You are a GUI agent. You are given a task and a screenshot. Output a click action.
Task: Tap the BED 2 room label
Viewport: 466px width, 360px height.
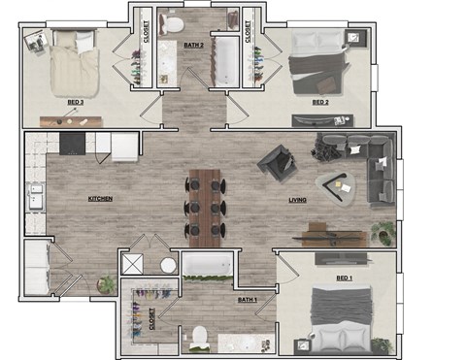[x=320, y=101]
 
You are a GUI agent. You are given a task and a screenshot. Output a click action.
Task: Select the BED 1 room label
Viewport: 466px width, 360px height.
[x=344, y=278]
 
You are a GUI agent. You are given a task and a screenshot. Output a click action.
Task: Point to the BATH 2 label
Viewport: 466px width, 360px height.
[x=194, y=45]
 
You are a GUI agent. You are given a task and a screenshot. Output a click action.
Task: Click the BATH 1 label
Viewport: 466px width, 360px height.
[x=248, y=300]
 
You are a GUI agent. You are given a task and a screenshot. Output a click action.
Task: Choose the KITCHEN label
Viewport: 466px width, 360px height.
[x=100, y=199]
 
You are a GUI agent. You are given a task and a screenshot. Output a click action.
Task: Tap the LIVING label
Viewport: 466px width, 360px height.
[x=298, y=201]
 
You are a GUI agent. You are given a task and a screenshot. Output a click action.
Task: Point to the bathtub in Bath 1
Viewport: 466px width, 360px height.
[x=207, y=265]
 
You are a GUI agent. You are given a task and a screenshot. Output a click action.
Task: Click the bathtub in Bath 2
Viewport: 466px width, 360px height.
[x=225, y=60]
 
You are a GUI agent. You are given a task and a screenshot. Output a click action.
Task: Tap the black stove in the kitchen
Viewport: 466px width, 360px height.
[x=73, y=145]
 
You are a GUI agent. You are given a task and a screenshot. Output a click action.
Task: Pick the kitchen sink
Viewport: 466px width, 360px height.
[x=35, y=196]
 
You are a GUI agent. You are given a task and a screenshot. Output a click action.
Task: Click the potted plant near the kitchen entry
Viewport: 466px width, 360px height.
[x=107, y=284]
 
